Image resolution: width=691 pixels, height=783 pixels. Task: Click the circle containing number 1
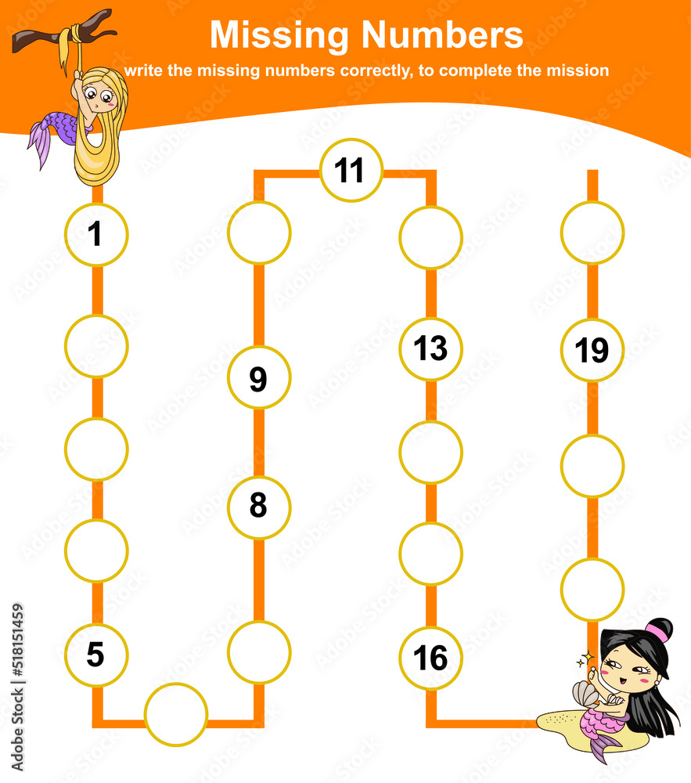[96, 234]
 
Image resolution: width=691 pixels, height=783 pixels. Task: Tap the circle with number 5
[96, 655]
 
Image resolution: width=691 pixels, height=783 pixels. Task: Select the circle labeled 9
[258, 377]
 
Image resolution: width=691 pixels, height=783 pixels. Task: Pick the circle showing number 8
[258, 507]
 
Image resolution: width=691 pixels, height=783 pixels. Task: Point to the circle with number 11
[351, 170]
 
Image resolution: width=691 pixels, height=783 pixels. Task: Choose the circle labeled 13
[430, 348]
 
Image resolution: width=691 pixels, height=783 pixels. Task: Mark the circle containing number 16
[430, 658]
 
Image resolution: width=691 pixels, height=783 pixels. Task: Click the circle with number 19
[592, 349]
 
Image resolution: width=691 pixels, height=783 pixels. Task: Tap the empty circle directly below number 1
[96, 345]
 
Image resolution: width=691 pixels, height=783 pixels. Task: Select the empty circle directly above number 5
[96, 550]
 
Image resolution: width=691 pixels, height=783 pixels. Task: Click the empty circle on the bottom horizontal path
[176, 714]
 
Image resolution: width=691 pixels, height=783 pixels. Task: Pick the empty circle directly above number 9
[258, 233]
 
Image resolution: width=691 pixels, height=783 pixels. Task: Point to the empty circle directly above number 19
[592, 233]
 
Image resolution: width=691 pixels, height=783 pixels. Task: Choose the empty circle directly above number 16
[430, 554]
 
